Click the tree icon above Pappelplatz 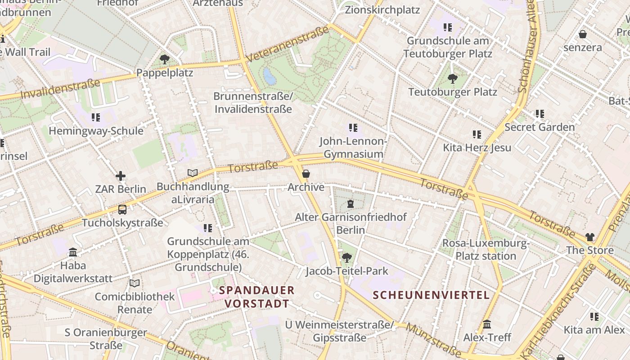pyautogui.click(x=165, y=59)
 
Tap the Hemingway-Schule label pyautogui.click(x=96, y=131)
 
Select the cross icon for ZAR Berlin pyautogui.click(x=120, y=176)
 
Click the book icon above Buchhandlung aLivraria pyautogui.click(x=193, y=173)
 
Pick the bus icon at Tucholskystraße pyautogui.click(x=122, y=209)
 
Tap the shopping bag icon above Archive pyautogui.click(x=306, y=174)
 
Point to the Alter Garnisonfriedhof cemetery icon pyautogui.click(x=351, y=204)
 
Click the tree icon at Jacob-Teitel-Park pyautogui.click(x=346, y=258)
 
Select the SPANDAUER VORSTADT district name pyautogui.click(x=257, y=297)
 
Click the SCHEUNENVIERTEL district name pyautogui.click(x=431, y=295)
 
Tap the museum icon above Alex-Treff pyautogui.click(x=487, y=324)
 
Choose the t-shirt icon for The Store pyautogui.click(x=589, y=237)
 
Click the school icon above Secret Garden pyautogui.click(x=540, y=114)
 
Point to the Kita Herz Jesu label pyautogui.click(x=477, y=148)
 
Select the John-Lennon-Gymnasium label pyautogui.click(x=353, y=148)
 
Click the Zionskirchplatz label pyautogui.click(x=382, y=10)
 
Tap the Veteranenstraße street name pyautogui.click(x=288, y=45)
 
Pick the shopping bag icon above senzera pyautogui.click(x=582, y=34)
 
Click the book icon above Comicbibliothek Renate pyautogui.click(x=135, y=283)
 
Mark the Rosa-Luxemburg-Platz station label pyautogui.click(x=486, y=250)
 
